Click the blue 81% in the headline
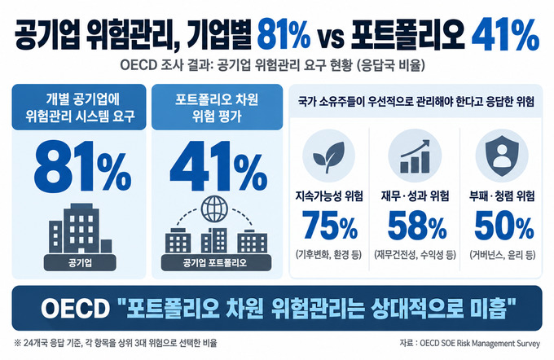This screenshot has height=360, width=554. (x=284, y=35)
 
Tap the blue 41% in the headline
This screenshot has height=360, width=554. (x=505, y=35)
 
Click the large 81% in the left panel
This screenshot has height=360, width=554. (x=82, y=165)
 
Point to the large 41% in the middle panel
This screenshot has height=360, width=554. (x=218, y=165)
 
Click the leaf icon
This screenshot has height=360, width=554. (x=328, y=156)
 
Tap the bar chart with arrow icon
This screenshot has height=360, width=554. (x=415, y=156)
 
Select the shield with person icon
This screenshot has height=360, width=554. (x=502, y=156)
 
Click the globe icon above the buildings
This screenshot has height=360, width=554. (x=214, y=209)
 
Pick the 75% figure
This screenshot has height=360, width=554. (x=330, y=226)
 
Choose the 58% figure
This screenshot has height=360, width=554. (x=417, y=226)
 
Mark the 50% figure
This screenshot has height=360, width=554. (x=503, y=226)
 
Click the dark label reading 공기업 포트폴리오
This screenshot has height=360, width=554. (x=216, y=263)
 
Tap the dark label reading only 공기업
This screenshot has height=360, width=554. (x=80, y=263)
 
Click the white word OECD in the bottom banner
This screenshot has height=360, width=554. (x=75, y=309)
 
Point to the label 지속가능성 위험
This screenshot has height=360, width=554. (x=329, y=195)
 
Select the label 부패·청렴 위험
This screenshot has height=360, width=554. (x=502, y=195)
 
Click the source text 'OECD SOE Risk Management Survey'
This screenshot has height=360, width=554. (x=480, y=343)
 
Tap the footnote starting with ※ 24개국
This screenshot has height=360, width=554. (x=115, y=343)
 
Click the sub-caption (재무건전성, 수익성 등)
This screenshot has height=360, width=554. (x=415, y=254)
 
